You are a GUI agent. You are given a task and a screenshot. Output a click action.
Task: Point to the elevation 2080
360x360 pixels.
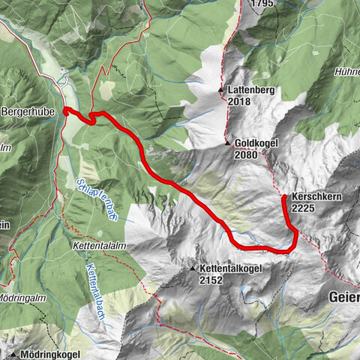246,155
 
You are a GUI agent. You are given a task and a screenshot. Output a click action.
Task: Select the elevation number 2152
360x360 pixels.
212,279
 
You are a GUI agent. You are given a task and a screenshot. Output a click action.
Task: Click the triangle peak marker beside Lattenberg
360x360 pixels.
221,91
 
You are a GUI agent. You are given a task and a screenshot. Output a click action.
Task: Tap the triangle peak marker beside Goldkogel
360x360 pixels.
226,143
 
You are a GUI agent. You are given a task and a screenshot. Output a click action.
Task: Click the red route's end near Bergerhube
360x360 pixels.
66,111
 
